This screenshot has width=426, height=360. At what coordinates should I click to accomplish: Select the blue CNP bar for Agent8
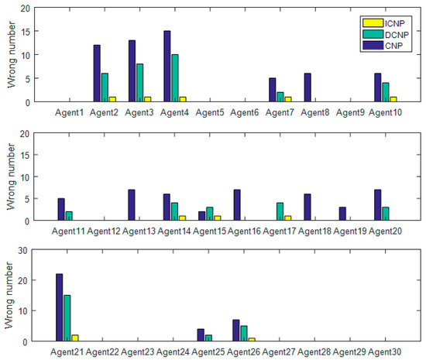[x=307, y=87]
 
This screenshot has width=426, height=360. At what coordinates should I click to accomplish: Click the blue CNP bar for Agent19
[x=342, y=214]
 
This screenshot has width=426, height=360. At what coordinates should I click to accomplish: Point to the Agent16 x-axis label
[x=246, y=231]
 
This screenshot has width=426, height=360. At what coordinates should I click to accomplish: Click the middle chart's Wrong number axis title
[x=9, y=177]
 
